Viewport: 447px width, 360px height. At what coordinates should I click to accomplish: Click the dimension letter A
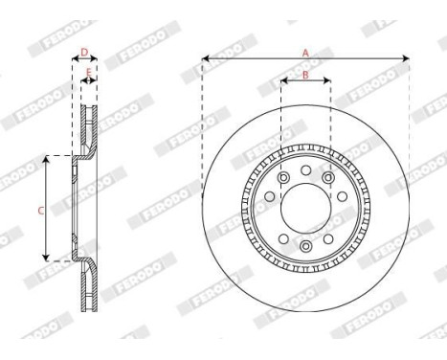click(305, 52)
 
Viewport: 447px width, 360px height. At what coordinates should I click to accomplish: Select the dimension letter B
click(305, 74)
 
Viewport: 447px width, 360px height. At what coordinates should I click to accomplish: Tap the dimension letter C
click(40, 208)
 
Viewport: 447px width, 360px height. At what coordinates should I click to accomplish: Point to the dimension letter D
click(84, 52)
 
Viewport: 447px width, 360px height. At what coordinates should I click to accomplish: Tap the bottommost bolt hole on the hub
click(305, 246)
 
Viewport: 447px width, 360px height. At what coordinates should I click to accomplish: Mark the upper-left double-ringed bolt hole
click(282, 178)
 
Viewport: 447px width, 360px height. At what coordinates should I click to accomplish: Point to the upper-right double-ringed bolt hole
click(328, 178)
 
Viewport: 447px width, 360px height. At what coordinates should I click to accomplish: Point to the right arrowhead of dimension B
click(327, 81)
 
